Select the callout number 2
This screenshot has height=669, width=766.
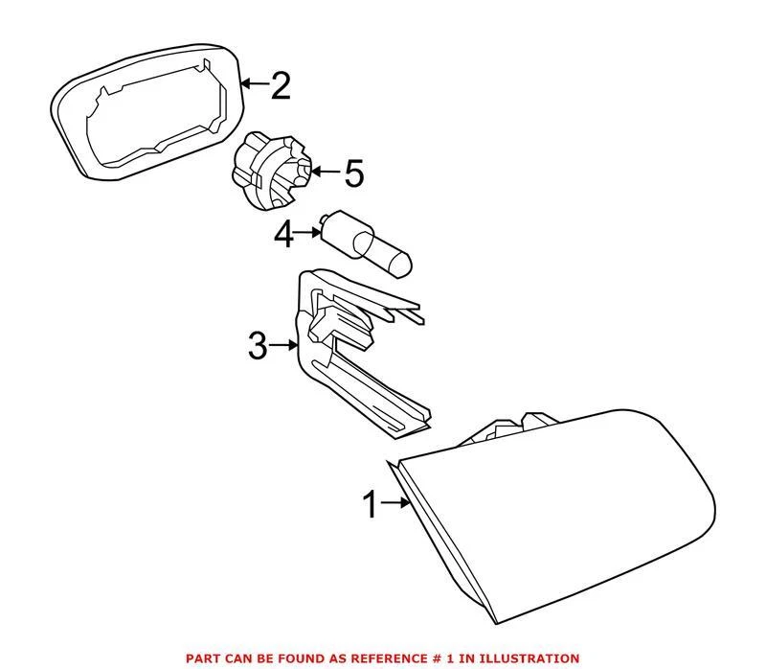tap(280, 87)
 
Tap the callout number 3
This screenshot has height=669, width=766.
tap(257, 346)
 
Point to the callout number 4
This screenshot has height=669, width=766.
tap(284, 233)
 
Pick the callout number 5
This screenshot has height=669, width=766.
tap(353, 173)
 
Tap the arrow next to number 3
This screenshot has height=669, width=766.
tap(286, 345)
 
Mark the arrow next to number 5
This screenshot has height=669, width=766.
tap(325, 173)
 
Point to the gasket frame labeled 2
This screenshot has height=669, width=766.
tap(144, 105)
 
